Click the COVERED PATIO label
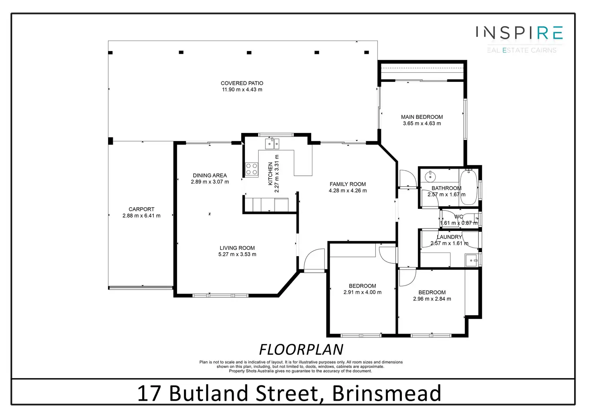coord(242,83)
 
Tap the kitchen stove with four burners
coord(252,169)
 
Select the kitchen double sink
coord(272,143)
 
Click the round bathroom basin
coord(430,176)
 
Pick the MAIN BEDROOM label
coord(422,117)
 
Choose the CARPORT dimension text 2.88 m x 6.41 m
coord(141,216)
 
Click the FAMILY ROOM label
coord(348,184)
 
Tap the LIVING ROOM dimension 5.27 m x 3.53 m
coord(237,254)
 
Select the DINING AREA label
coord(210,175)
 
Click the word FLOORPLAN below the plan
coord(301,350)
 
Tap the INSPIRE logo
coord(520,33)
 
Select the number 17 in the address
coord(149,394)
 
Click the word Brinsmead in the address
coord(386,394)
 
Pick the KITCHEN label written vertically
coord(270,173)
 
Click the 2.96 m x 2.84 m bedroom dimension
coord(432,299)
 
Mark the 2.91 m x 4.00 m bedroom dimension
coord(363,292)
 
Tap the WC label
coord(459,216)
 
